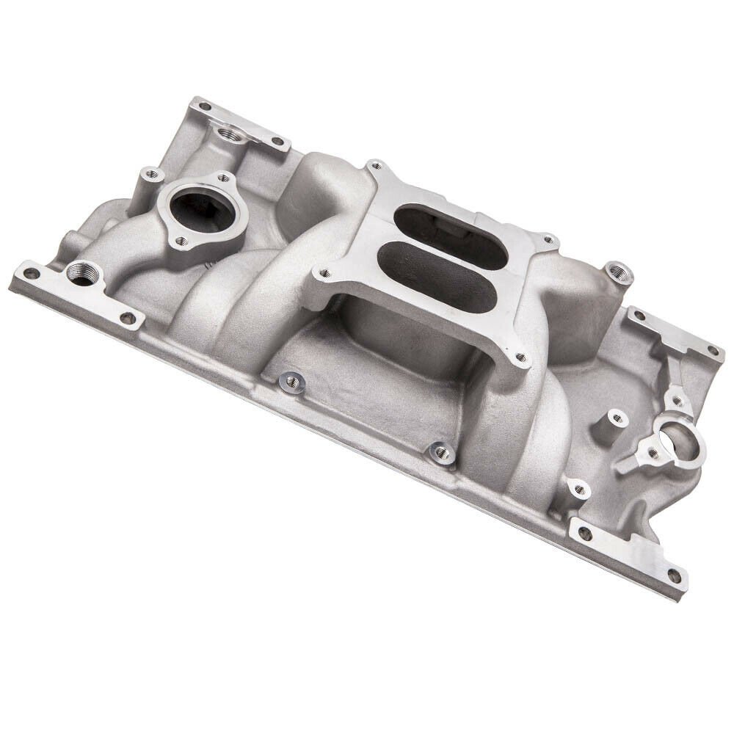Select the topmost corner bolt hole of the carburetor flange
tap(374, 165)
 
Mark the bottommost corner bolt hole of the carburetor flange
tap(520, 359)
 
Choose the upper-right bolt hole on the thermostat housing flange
tap(223, 178)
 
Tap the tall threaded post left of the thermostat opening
tap(152, 175)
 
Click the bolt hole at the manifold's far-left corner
tap(29, 273)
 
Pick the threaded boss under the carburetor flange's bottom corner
tap(440, 453)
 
